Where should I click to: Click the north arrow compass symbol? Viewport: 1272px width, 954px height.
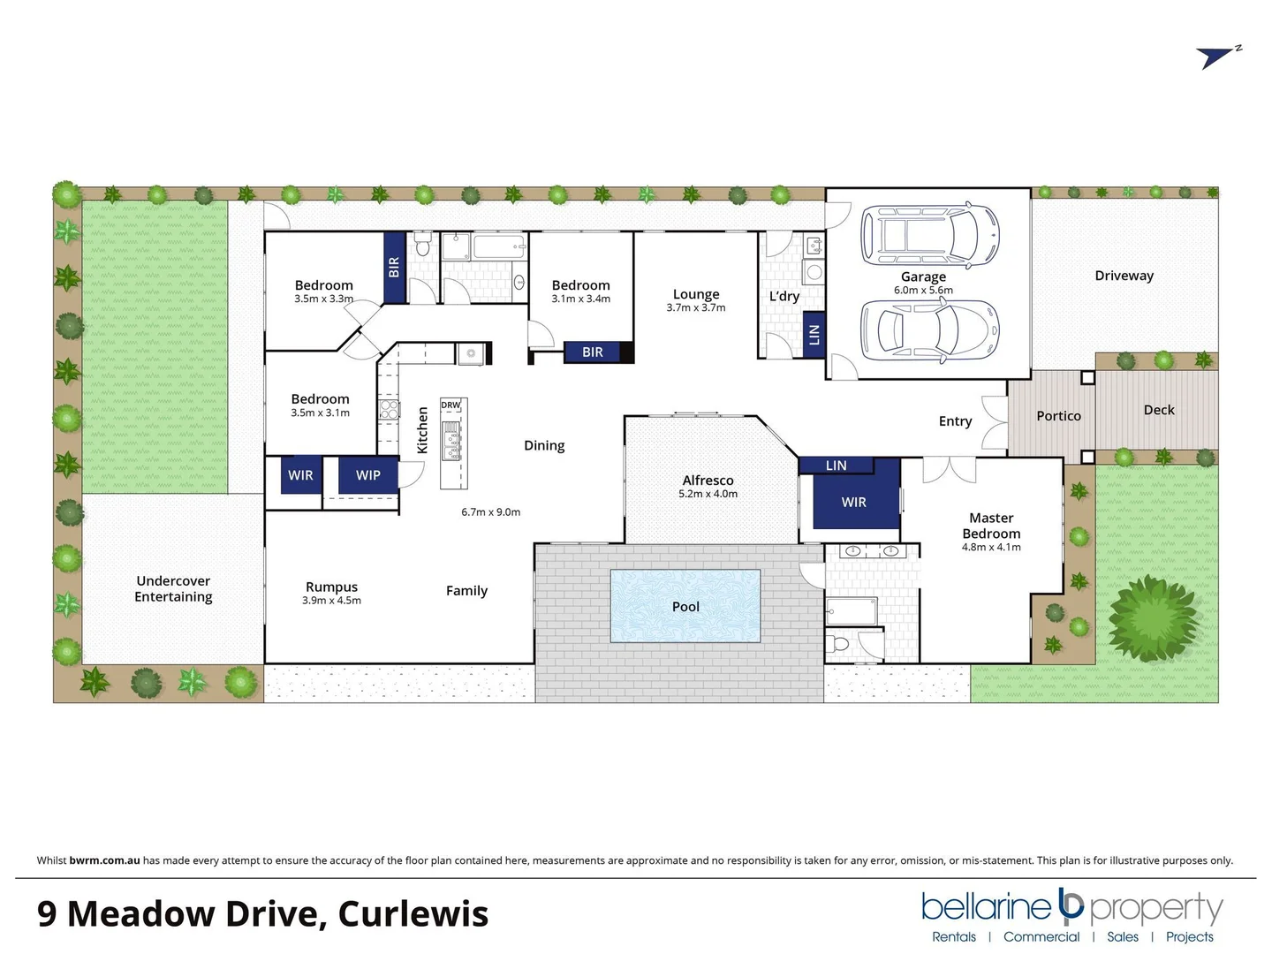click(1218, 57)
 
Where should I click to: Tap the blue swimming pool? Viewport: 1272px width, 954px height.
click(685, 606)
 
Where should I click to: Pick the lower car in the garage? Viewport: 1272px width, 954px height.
click(929, 330)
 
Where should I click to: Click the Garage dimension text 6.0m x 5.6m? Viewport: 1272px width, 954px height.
click(923, 290)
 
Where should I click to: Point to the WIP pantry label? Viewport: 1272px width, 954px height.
click(368, 475)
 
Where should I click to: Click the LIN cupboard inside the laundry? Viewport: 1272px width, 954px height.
click(814, 334)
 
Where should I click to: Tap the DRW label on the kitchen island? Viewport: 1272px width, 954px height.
click(450, 405)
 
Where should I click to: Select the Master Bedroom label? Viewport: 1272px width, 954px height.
click(991, 526)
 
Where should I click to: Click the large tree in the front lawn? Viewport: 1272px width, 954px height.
click(1154, 617)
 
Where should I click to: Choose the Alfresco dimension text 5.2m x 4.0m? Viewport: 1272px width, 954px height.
click(708, 494)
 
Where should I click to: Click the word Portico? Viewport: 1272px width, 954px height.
click(1058, 416)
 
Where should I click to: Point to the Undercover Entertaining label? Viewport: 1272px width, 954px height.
click(173, 588)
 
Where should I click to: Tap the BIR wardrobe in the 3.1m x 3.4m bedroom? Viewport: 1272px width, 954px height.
click(593, 352)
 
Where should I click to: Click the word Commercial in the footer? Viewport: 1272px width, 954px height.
click(1041, 937)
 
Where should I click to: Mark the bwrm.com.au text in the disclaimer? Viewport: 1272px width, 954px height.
click(104, 860)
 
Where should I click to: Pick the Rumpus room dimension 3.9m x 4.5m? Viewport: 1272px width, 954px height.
click(331, 601)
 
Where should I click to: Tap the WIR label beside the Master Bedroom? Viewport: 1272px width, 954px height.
click(853, 503)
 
